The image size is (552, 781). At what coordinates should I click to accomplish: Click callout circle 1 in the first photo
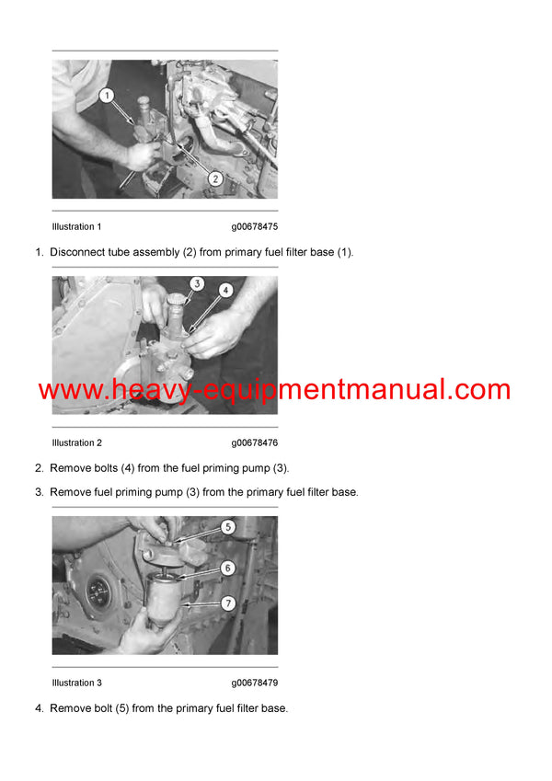[x=106, y=95]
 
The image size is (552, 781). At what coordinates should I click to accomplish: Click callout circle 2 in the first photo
[x=214, y=178]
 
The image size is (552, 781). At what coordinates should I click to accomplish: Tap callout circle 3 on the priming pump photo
[x=196, y=284]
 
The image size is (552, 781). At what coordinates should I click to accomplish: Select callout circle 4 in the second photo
[x=226, y=290]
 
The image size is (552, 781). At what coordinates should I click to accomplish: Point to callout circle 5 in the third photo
[x=227, y=528]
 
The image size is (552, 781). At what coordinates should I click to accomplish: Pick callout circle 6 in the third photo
[x=227, y=569]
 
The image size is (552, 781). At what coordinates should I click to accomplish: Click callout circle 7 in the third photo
[x=227, y=604]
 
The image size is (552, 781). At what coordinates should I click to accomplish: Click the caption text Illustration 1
[x=76, y=227]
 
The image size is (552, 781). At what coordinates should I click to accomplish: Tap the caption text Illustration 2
[x=76, y=443]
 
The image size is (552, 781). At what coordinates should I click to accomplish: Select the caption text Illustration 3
[x=76, y=683]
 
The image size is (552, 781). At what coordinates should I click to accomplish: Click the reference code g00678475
[x=254, y=227]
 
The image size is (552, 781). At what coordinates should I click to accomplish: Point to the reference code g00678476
[x=254, y=443]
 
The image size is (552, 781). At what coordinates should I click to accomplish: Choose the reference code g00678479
[x=254, y=683]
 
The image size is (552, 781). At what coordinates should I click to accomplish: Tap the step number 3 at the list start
[x=39, y=492]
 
